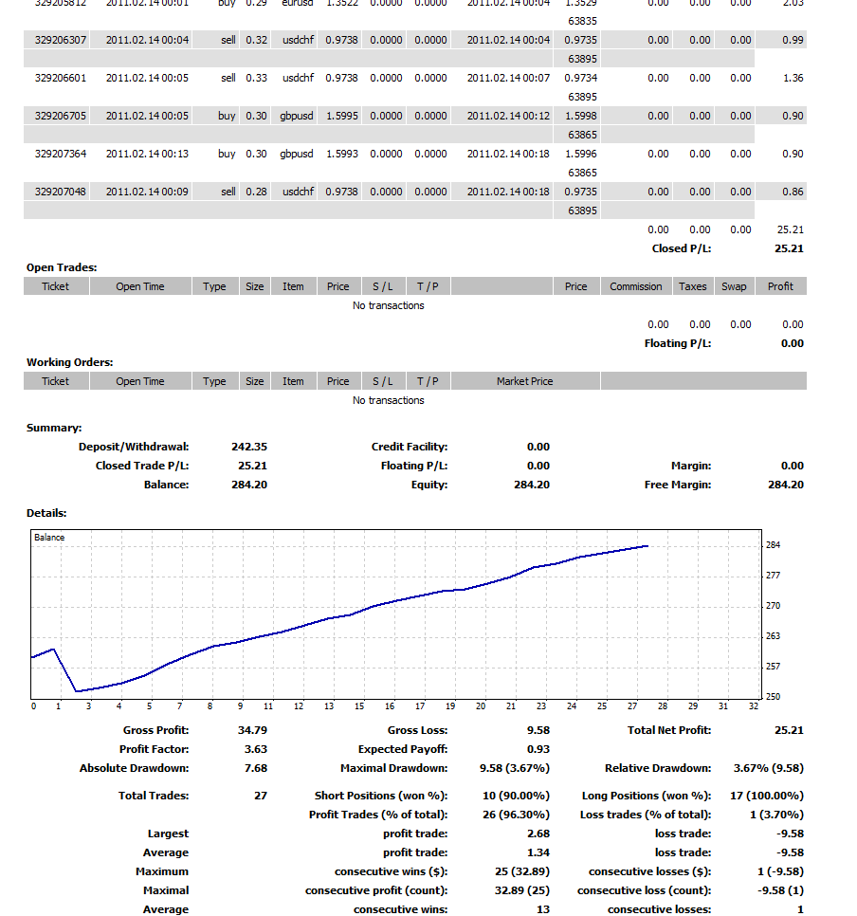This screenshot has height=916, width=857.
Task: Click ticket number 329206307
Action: click(61, 40)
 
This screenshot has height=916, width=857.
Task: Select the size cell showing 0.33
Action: click(256, 78)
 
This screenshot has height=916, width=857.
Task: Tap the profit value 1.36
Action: click(793, 78)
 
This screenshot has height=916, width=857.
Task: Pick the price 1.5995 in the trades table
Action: click(342, 116)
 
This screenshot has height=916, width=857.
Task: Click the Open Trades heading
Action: click(62, 267)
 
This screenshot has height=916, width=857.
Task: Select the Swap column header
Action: click(734, 286)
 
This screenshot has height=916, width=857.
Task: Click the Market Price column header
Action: click(524, 381)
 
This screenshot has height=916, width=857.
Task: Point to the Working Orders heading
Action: click(69, 362)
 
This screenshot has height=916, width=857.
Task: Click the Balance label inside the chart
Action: click(49, 538)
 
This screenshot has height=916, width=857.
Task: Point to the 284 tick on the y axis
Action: click(773, 545)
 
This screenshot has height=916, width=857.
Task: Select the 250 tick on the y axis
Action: click(773, 697)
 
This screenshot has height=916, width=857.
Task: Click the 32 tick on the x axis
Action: click(754, 706)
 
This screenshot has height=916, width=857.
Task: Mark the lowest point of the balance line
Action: click(76, 691)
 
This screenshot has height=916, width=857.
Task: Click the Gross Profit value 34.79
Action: click(252, 730)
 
